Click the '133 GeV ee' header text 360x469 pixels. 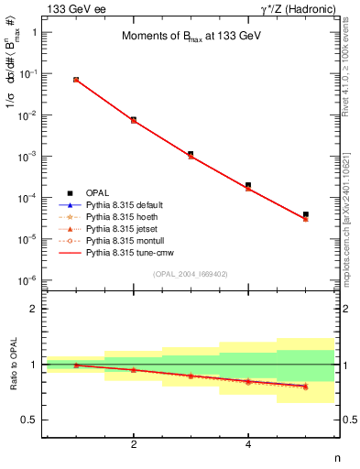(x=71, y=8)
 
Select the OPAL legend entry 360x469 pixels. (x=97, y=192)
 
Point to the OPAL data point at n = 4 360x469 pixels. (x=248, y=185)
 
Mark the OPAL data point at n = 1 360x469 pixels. (x=76, y=80)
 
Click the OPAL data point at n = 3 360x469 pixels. (x=191, y=154)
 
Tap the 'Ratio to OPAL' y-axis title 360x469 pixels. (x=12, y=365)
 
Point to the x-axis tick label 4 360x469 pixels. (x=248, y=444)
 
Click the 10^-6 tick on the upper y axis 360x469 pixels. (x=27, y=280)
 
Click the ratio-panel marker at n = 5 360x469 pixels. (x=305, y=386)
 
